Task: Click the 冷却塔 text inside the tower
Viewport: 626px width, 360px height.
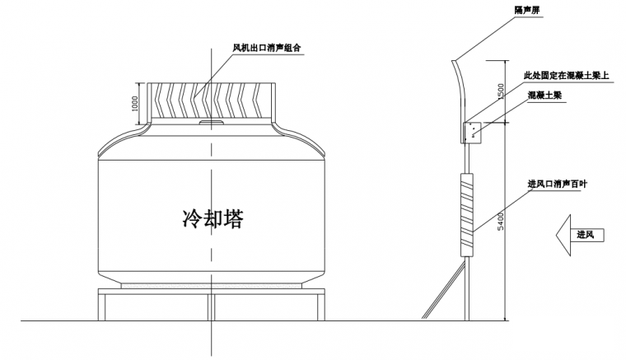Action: [x=212, y=218]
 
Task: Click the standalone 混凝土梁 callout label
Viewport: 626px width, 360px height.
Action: [x=545, y=96]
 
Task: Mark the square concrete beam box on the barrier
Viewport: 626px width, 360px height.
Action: [x=474, y=132]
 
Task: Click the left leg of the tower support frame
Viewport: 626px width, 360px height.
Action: [x=103, y=306]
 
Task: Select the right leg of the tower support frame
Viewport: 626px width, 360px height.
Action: [x=319, y=306]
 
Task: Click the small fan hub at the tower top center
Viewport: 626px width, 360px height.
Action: [x=210, y=124]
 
